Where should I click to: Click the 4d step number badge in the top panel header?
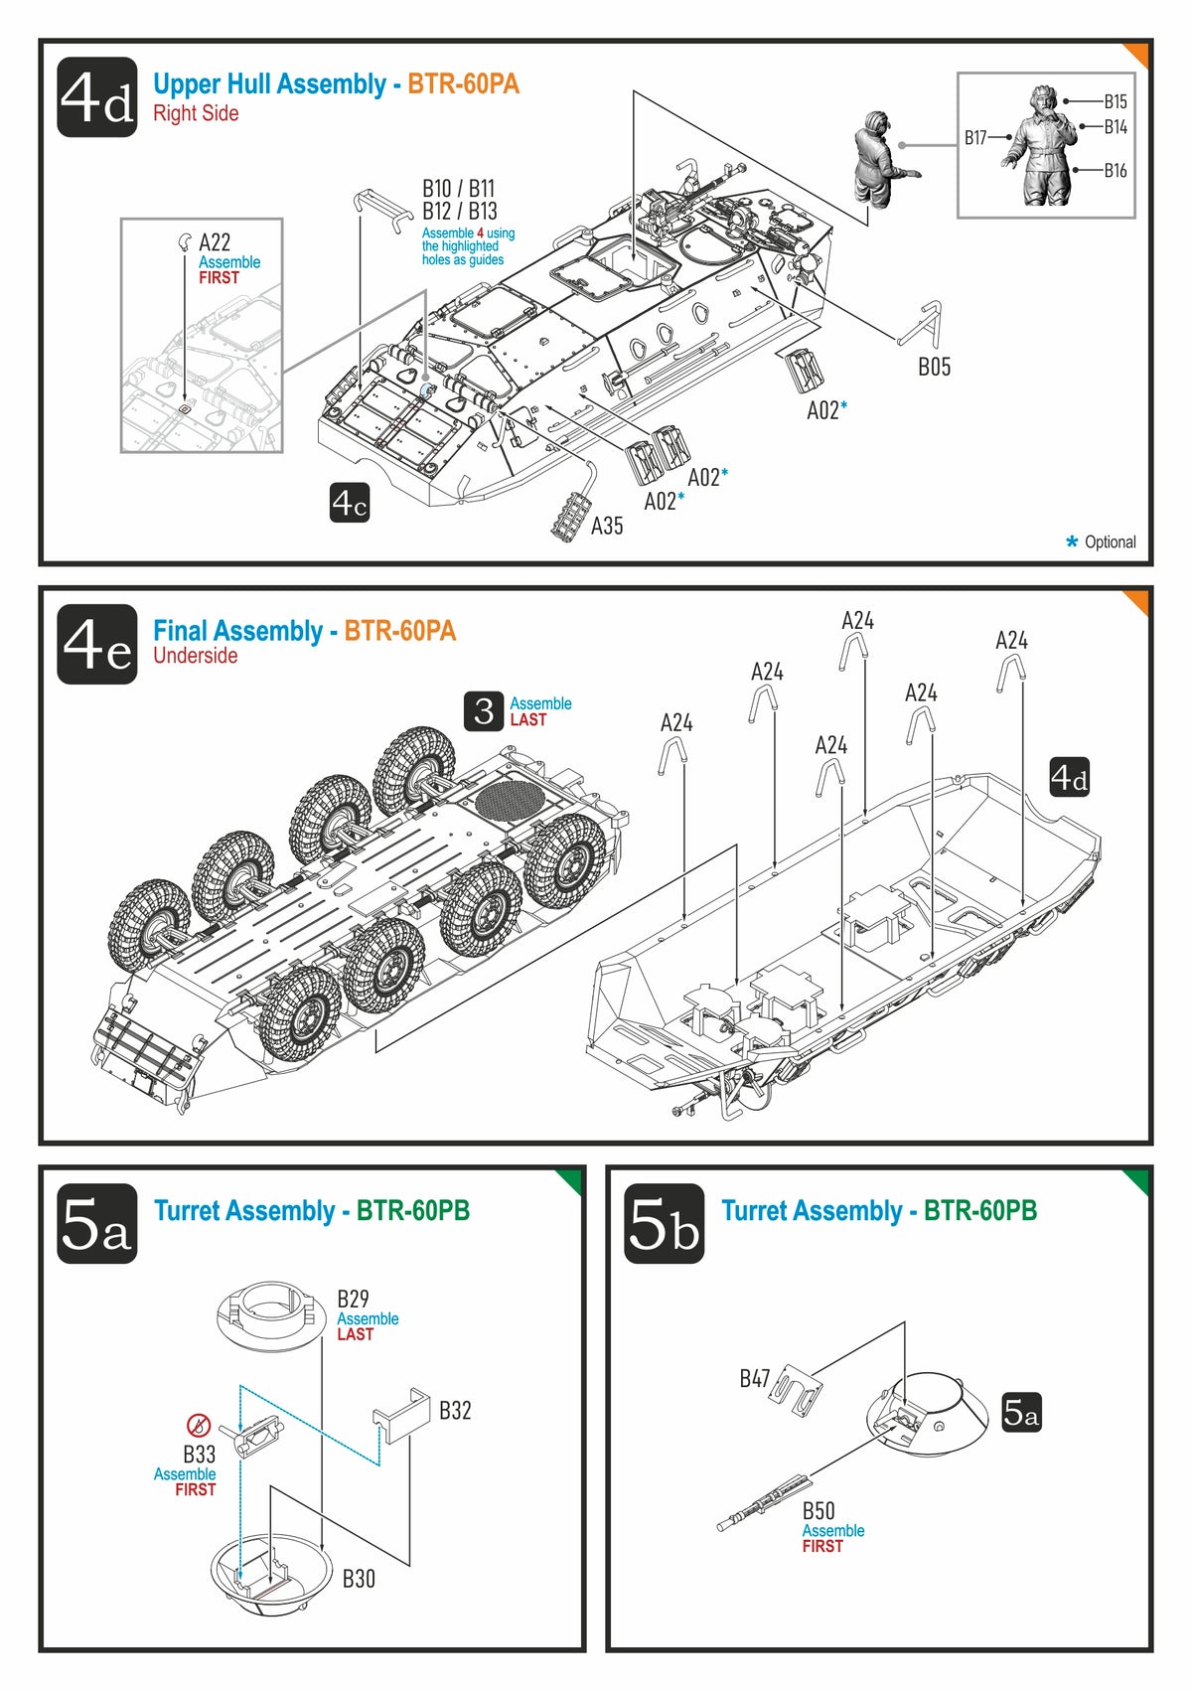click(x=96, y=97)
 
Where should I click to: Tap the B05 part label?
click(x=934, y=368)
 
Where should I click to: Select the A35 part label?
click(x=607, y=526)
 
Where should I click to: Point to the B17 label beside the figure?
click(x=975, y=138)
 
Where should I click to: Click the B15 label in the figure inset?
click(x=1116, y=101)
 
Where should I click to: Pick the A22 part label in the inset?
click(x=215, y=242)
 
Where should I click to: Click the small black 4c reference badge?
click(x=350, y=504)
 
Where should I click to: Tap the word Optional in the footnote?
click(x=1110, y=542)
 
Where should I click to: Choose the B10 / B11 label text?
click(x=458, y=189)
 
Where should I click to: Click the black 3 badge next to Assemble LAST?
click(x=484, y=711)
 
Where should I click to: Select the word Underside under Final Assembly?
click(x=195, y=656)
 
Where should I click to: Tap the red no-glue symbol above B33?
click(x=199, y=1426)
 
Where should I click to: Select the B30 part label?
click(x=359, y=1579)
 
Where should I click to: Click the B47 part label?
click(x=755, y=1379)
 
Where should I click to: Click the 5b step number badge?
click(x=664, y=1224)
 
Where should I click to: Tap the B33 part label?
click(x=199, y=1455)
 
